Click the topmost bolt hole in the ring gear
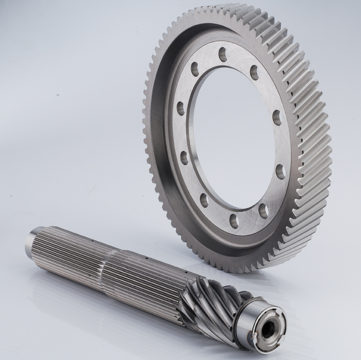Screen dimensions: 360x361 tap(223, 53)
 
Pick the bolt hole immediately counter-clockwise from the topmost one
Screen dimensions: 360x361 tap(194, 67)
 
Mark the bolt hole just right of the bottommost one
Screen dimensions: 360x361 tap(262, 210)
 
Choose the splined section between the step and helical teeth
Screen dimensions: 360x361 tap(148, 274)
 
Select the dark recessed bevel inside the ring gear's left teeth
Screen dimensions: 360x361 tap(158, 132)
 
